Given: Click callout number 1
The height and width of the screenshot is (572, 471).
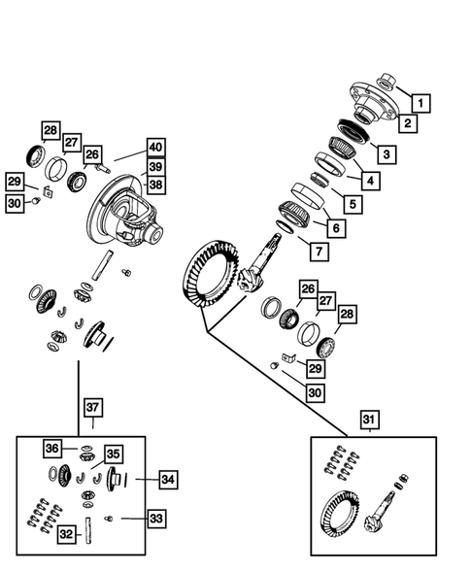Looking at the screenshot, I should click(420, 101).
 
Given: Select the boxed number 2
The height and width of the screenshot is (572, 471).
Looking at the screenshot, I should click(409, 123).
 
